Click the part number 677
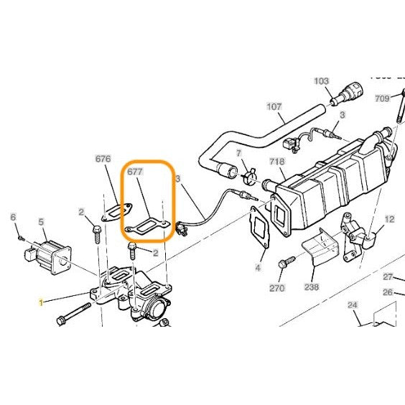[135, 172]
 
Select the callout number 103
[321, 81]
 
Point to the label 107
[274, 106]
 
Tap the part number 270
[277, 287]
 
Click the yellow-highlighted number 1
[41, 304]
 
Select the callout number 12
[389, 218]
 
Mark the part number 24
[353, 304]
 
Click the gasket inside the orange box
[148, 225]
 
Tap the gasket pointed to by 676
[116, 210]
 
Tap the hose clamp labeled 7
[249, 172]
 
